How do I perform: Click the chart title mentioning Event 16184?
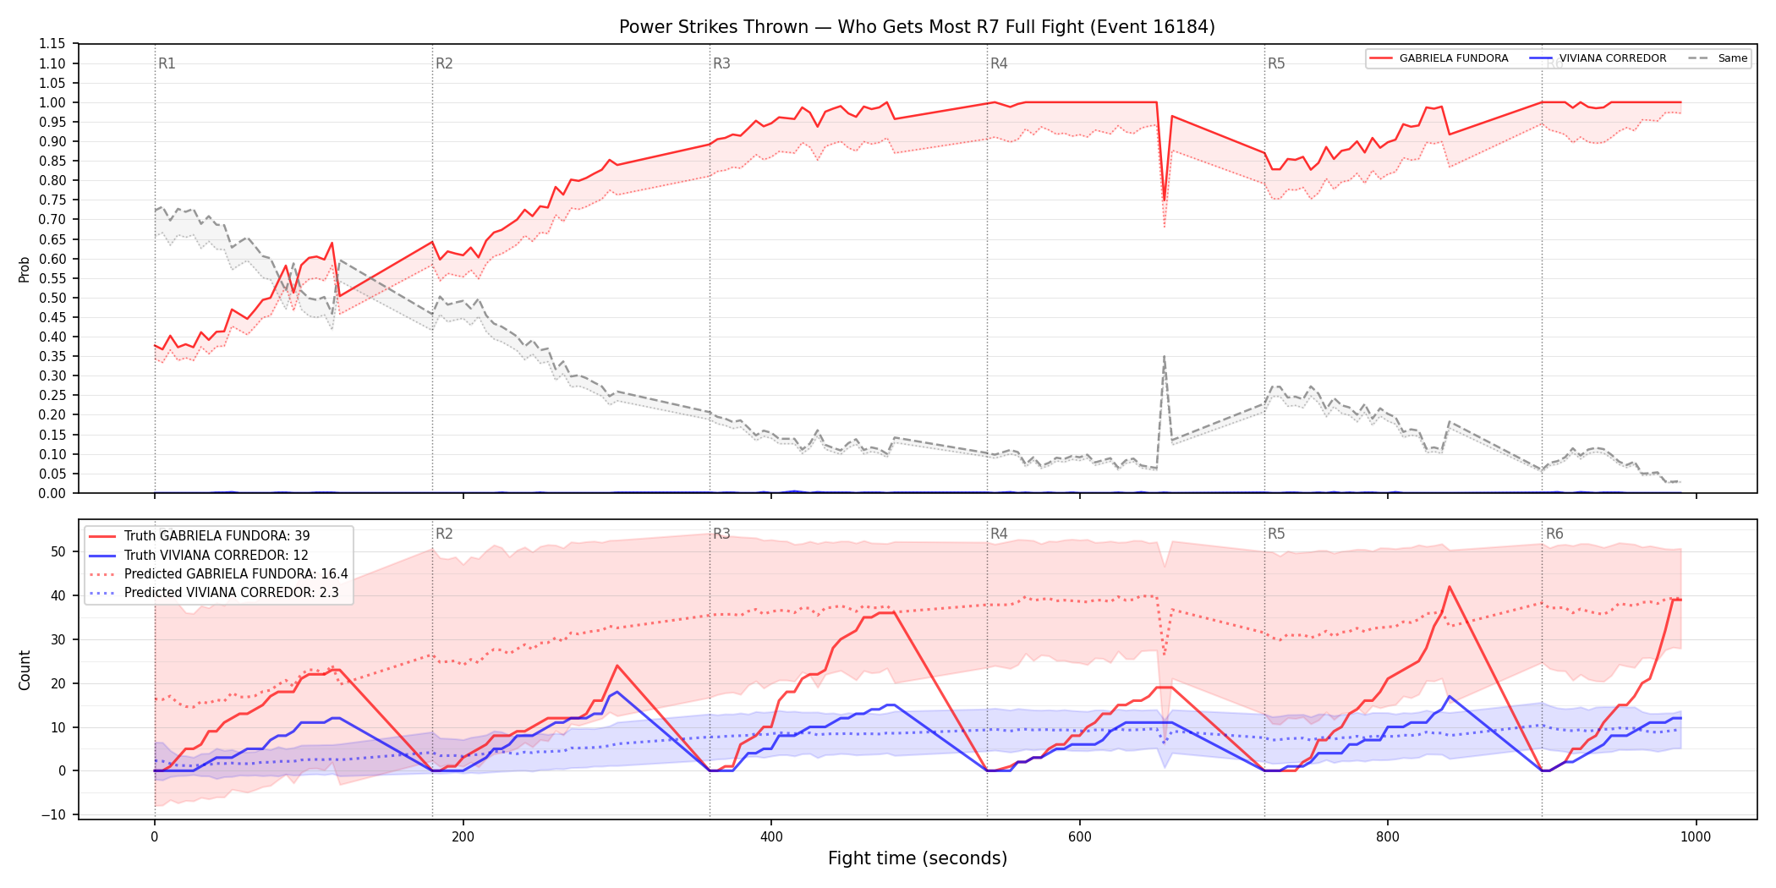pyautogui.click(x=917, y=27)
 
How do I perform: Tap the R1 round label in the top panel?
pyautogui.click(x=167, y=63)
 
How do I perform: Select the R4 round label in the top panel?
pyautogui.click(x=999, y=63)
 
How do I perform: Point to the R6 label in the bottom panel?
pyautogui.click(x=1554, y=534)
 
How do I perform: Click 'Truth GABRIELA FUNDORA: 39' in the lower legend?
pyautogui.click(x=217, y=536)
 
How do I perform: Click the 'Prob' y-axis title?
pyautogui.click(x=25, y=269)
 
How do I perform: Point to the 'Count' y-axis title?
pyautogui.click(x=25, y=670)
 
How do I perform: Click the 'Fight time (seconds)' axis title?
pyautogui.click(x=918, y=858)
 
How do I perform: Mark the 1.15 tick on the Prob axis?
pyautogui.click(x=52, y=44)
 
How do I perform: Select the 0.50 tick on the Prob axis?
pyautogui.click(x=52, y=298)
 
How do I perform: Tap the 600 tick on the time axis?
pyautogui.click(x=1079, y=837)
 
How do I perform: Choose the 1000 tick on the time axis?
pyautogui.click(x=1696, y=837)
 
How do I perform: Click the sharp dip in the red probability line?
pyautogui.click(x=1165, y=200)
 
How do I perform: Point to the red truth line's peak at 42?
pyautogui.click(x=1450, y=587)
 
